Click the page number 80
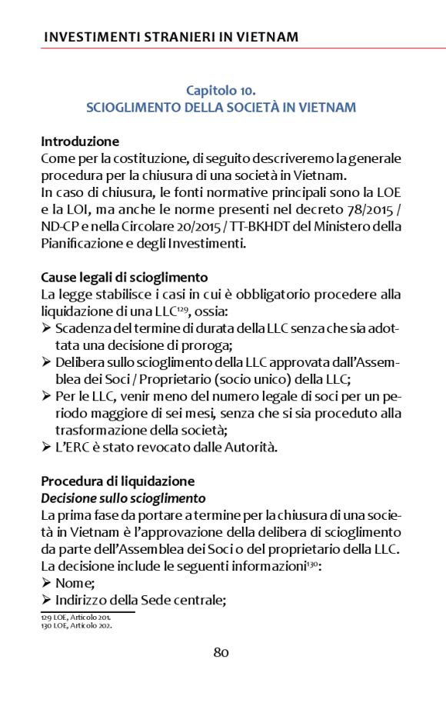(x=221, y=653)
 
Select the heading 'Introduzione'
(x=80, y=142)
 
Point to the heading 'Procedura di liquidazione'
(x=118, y=481)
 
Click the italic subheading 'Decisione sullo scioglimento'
(x=123, y=498)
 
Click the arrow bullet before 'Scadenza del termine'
(x=46, y=328)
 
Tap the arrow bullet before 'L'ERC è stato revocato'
(x=46, y=447)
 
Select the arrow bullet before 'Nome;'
(x=46, y=583)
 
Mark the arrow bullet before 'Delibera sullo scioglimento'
(x=46, y=362)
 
